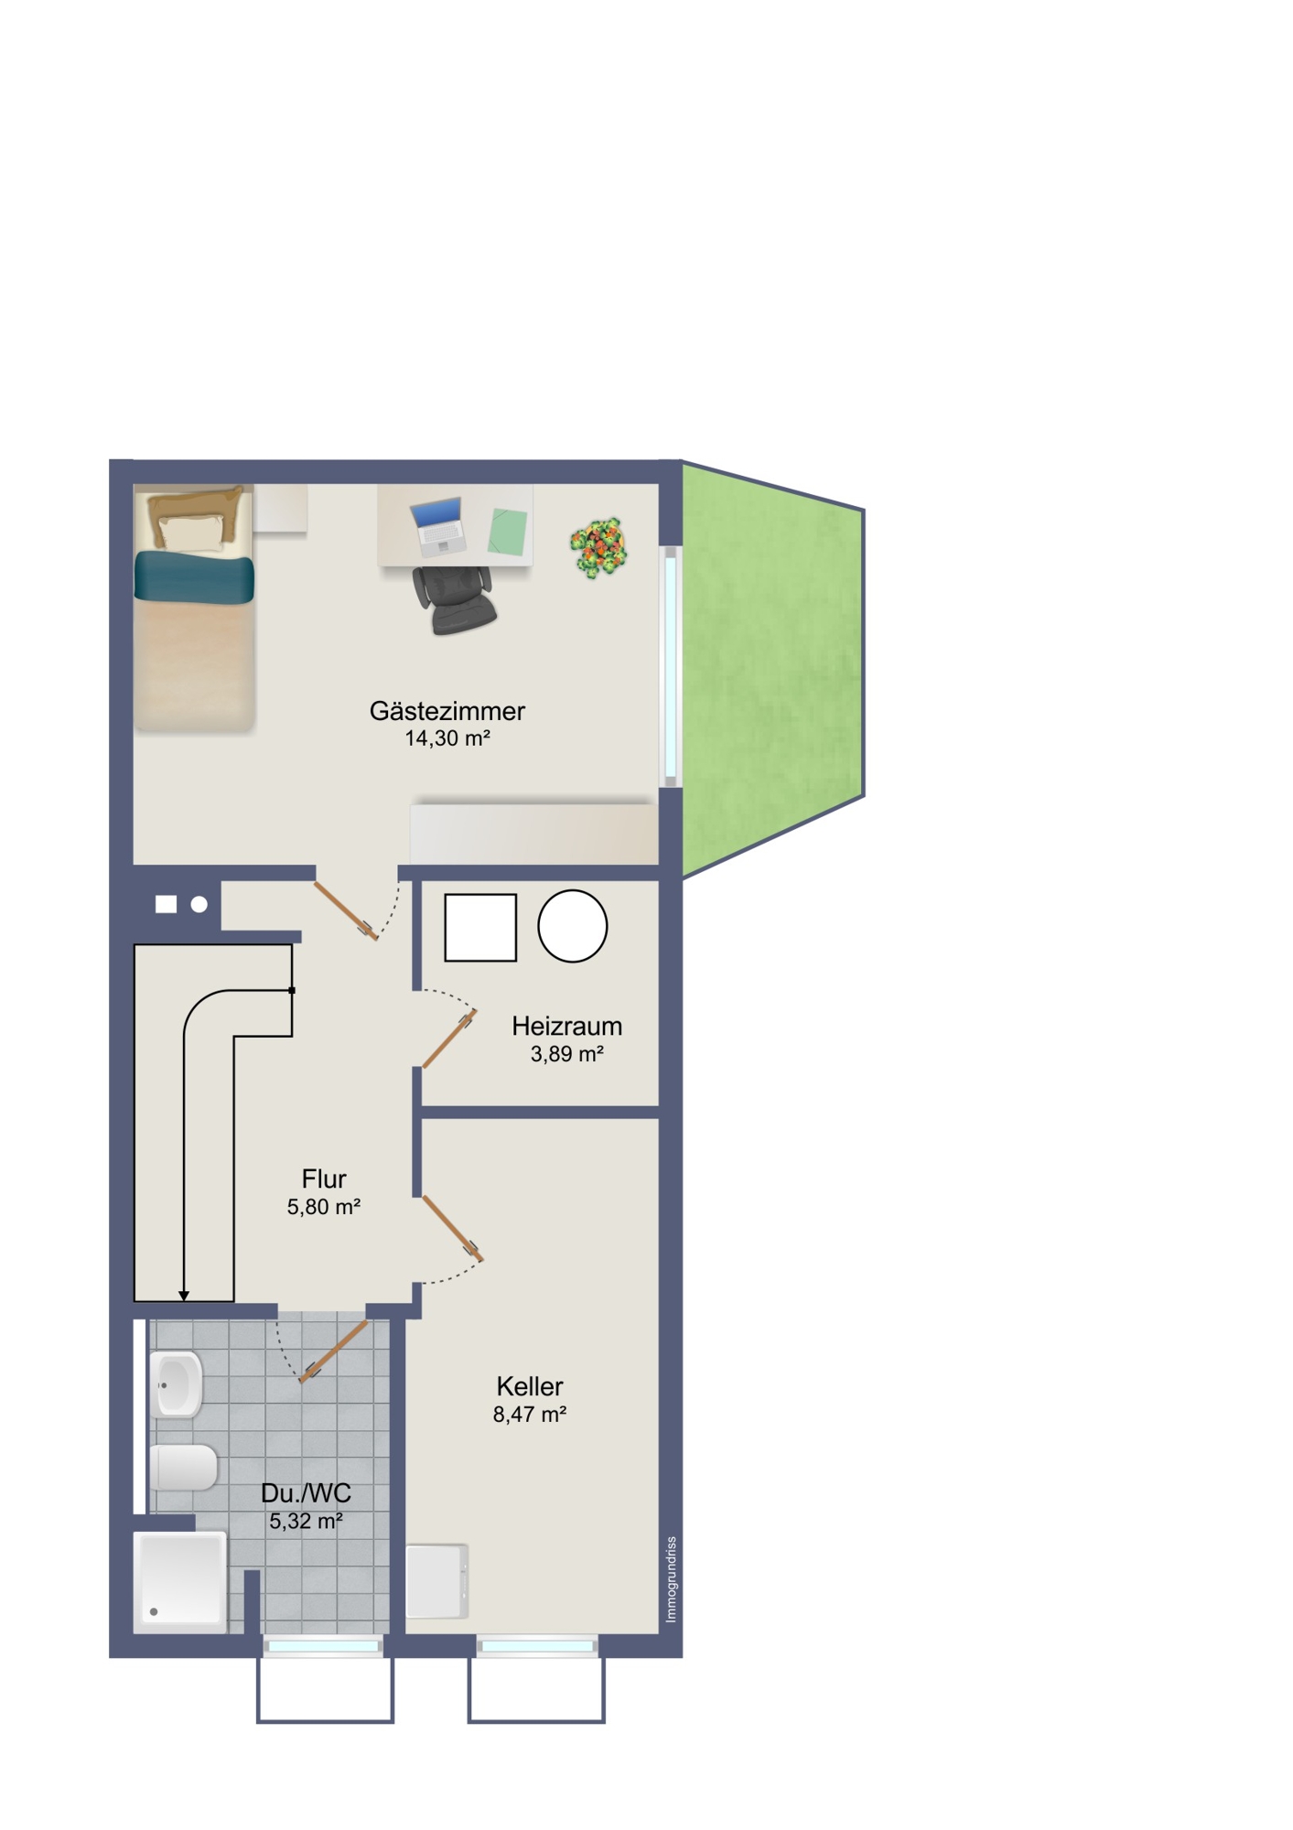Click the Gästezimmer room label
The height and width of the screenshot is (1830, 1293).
447,711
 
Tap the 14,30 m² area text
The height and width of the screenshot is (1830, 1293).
447,738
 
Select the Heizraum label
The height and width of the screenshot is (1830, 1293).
566,1026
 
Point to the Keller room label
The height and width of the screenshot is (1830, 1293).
530,1386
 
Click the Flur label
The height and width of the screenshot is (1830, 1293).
324,1179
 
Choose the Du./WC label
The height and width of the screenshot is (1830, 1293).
306,1493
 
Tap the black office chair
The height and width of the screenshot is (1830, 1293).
455,599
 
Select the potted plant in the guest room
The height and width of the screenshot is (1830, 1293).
598,547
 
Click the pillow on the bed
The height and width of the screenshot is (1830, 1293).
191,533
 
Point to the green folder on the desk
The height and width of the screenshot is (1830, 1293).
508,532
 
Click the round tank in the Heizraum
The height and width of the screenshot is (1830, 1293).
572,926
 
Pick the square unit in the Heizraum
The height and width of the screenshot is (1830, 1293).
480,928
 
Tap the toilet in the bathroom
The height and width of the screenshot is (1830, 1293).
183,1467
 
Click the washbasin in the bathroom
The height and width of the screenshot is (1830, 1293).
177,1384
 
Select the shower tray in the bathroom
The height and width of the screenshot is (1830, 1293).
180,1583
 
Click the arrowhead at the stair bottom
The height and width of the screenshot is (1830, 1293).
184,1296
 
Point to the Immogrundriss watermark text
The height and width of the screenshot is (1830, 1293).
671,1579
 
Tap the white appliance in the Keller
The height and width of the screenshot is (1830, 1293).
437,1581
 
